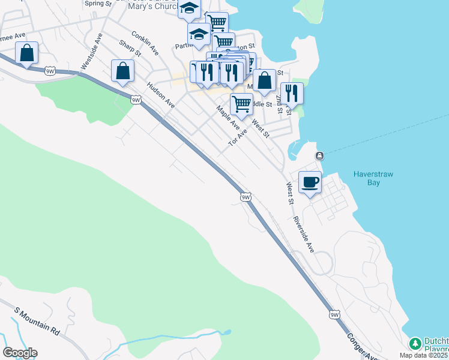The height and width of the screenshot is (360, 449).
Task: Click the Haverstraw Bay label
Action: point(373,178)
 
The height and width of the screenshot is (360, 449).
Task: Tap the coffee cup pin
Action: point(310,182)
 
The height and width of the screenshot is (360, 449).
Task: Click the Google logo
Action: point(20,353)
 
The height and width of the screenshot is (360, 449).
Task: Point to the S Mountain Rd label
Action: point(37,322)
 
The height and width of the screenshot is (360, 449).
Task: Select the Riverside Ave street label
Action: point(304,233)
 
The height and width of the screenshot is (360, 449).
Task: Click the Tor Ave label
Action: point(238,138)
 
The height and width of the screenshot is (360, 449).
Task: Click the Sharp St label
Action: point(129,48)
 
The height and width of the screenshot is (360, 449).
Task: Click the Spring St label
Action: point(98,3)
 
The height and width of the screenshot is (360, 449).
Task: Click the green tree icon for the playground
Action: point(414,344)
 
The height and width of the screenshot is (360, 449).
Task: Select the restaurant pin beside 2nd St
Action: point(292,93)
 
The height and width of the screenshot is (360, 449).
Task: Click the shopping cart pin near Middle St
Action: point(241,104)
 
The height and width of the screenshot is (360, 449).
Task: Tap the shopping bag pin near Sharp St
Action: point(122,71)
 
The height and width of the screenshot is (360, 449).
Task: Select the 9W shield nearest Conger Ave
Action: point(334,314)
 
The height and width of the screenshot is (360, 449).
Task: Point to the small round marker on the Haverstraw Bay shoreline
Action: point(319,157)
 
